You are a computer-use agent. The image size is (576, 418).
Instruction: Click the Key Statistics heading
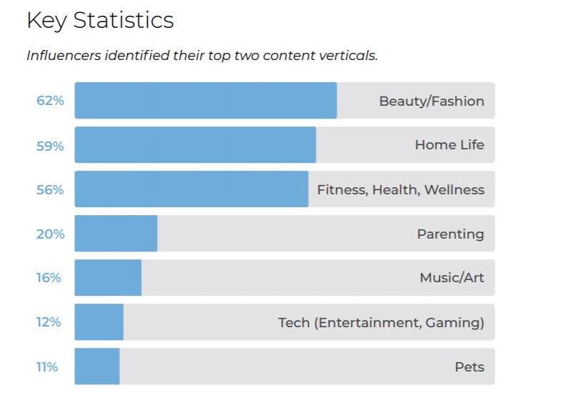tap(100, 21)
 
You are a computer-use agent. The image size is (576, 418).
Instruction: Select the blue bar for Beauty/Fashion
tap(205, 101)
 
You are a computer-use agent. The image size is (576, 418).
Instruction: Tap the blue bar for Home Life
tap(195, 145)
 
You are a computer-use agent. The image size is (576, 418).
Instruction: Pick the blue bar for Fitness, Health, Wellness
tap(191, 189)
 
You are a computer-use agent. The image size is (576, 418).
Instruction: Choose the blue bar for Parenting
tap(116, 234)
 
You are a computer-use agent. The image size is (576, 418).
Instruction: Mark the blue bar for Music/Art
tap(108, 278)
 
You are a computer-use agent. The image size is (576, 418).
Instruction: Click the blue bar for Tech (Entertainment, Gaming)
tap(99, 322)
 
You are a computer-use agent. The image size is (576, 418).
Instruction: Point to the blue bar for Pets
tap(97, 367)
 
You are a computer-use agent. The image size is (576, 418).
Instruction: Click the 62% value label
tap(50, 101)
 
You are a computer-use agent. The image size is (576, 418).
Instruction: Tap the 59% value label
tap(50, 146)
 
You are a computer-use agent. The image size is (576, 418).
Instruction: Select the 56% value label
tap(50, 189)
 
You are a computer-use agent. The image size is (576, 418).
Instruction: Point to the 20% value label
tap(50, 234)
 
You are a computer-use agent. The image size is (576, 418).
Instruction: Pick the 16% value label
tap(49, 278)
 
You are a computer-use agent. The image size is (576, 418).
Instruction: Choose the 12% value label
tap(49, 322)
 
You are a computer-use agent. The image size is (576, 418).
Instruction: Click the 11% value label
tap(47, 367)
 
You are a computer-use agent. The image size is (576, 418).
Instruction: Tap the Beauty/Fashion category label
tap(431, 101)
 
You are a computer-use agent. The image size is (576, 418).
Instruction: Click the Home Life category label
tap(449, 145)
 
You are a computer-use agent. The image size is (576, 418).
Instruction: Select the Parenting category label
tap(451, 234)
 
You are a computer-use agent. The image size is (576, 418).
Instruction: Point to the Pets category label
tap(469, 367)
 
